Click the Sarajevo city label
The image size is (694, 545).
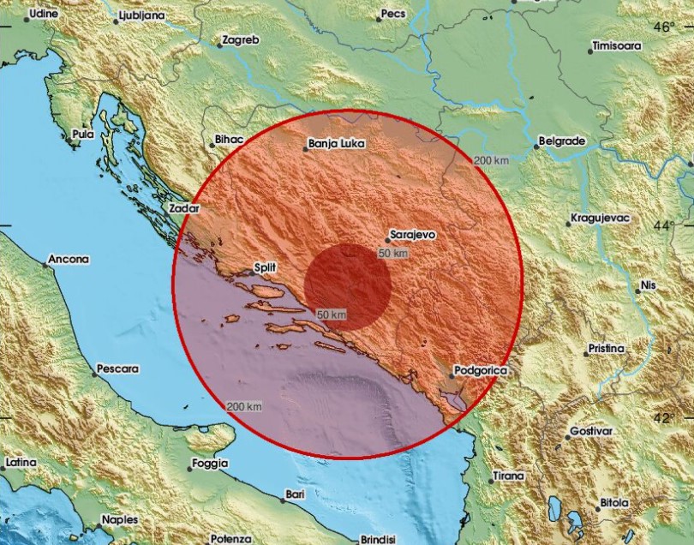413,233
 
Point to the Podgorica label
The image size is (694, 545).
481,369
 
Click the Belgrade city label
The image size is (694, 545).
561,140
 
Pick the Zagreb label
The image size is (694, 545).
239,39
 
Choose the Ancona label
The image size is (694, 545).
69,258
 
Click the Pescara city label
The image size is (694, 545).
117,368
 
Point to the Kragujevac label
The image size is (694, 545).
601,219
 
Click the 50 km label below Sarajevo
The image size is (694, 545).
392,253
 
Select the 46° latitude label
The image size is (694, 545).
664,27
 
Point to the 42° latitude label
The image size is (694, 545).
664,417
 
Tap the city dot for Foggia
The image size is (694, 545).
191,468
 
